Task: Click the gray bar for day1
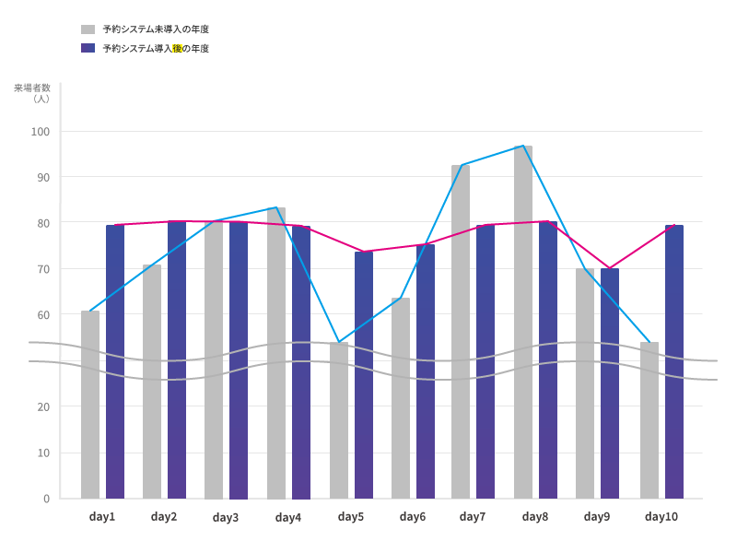90,406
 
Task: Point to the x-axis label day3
226,518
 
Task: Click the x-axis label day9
597,517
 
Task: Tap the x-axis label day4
288,518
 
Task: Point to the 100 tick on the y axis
41,132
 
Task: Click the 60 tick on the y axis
43,315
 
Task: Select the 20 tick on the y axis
43,406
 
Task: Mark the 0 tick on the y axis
46,499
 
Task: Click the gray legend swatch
88,29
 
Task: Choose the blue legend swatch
88,48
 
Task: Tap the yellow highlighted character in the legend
176,48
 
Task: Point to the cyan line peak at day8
523,146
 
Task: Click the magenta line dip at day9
608,268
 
